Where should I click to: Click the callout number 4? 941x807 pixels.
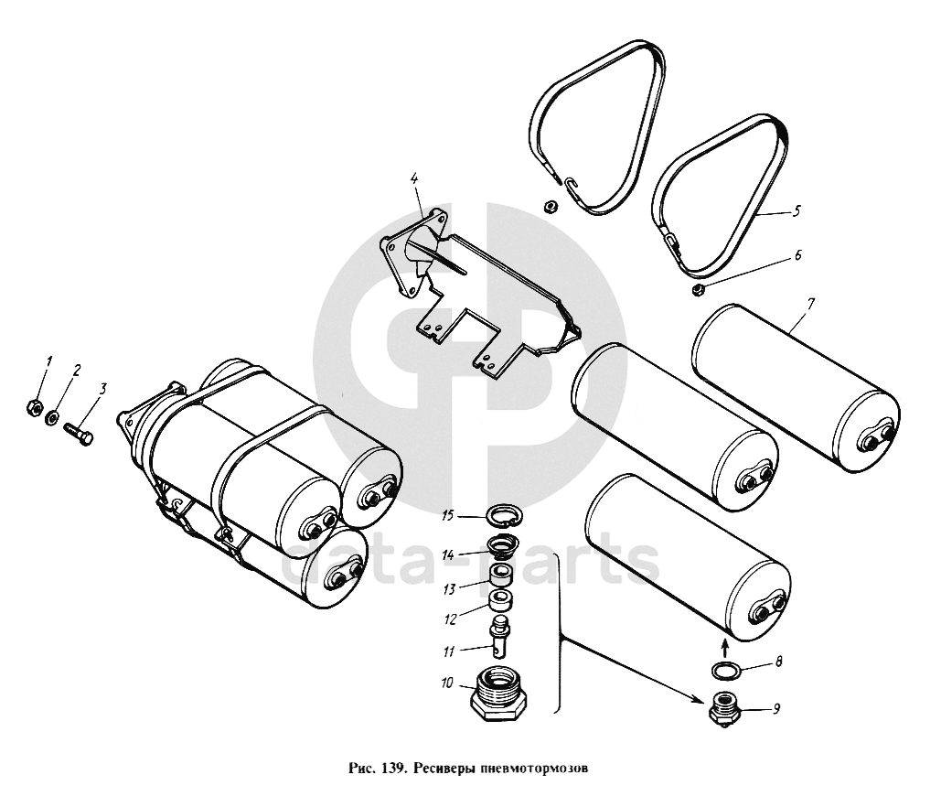pyautogui.click(x=414, y=178)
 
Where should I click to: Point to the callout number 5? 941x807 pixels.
pyautogui.click(x=797, y=211)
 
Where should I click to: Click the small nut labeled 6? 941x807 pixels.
pyautogui.click(x=698, y=291)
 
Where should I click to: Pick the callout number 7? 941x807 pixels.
pyautogui.click(x=810, y=303)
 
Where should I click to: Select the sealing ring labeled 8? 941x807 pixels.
pyautogui.click(x=727, y=672)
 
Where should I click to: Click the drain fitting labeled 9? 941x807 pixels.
pyautogui.click(x=726, y=709)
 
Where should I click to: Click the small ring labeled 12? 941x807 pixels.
pyautogui.click(x=499, y=603)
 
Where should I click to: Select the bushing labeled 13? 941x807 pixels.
pyautogui.click(x=500, y=577)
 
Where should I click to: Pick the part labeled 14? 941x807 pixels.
pyautogui.click(x=500, y=548)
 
